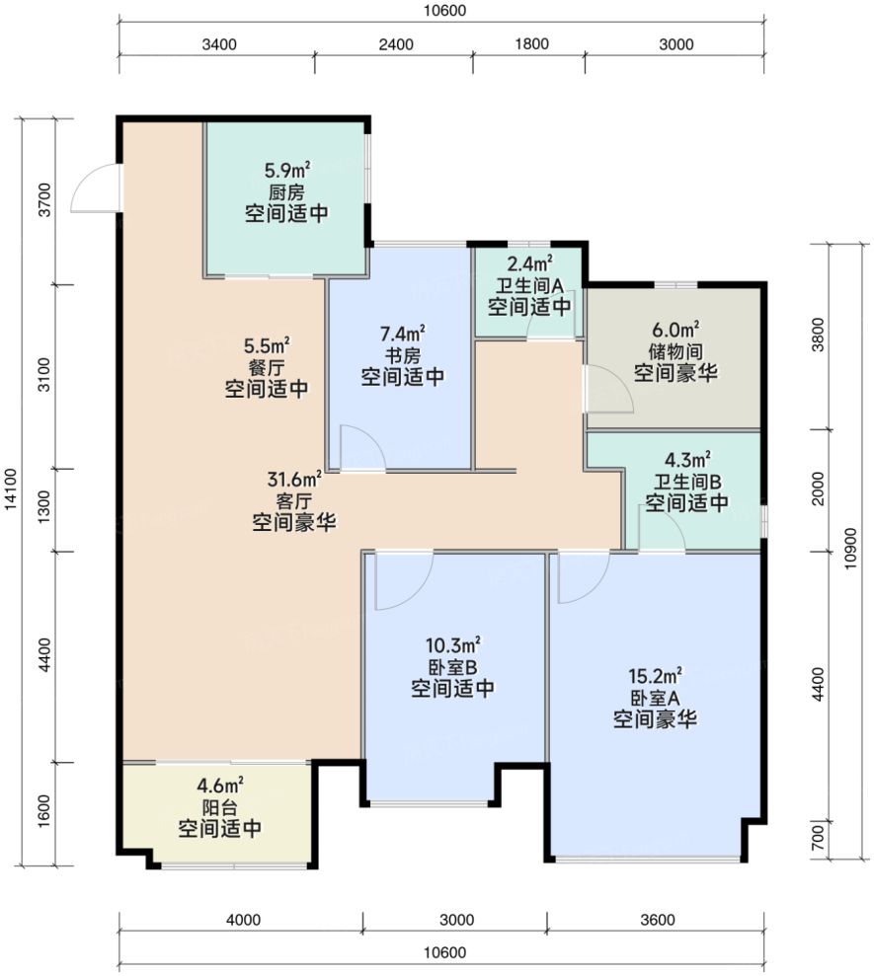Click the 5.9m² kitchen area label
point(287,170)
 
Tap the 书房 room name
point(402,356)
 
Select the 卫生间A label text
point(529,286)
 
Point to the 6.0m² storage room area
point(675,330)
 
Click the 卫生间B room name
point(687,482)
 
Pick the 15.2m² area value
point(655,675)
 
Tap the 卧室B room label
point(453,667)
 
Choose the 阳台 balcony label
point(220,808)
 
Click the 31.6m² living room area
point(294,480)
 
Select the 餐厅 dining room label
point(267,367)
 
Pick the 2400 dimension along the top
point(396,44)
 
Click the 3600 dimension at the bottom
point(657,920)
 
